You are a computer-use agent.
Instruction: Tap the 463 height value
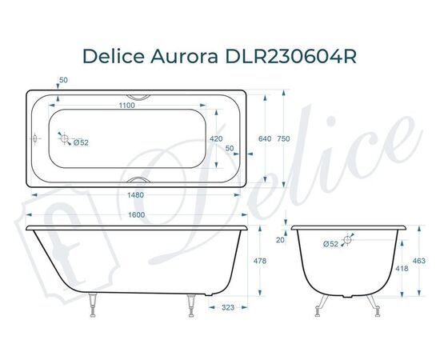pos(419,262)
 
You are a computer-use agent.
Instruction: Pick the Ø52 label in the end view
pos(330,244)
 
